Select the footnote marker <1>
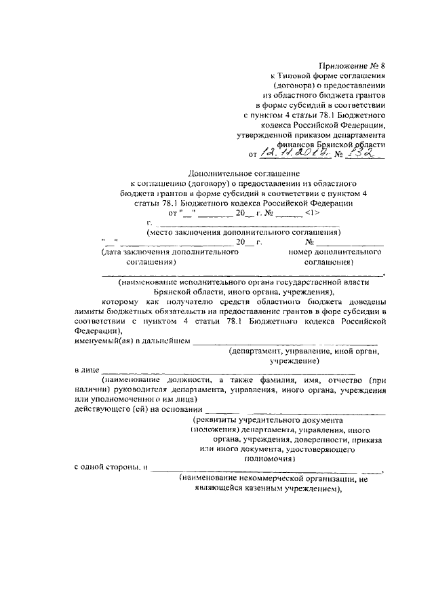point(313,212)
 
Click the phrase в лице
point(84,370)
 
